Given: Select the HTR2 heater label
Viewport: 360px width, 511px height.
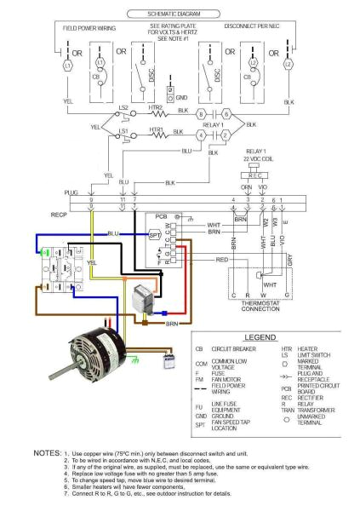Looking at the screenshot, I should coord(157,108).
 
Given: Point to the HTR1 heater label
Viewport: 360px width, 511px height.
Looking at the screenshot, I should coord(157,129).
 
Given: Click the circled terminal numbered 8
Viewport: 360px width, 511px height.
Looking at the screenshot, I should coord(200,113).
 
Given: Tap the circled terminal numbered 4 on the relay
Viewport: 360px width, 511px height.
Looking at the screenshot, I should coord(200,135).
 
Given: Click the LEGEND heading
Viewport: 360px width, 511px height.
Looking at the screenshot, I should coord(265,337).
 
